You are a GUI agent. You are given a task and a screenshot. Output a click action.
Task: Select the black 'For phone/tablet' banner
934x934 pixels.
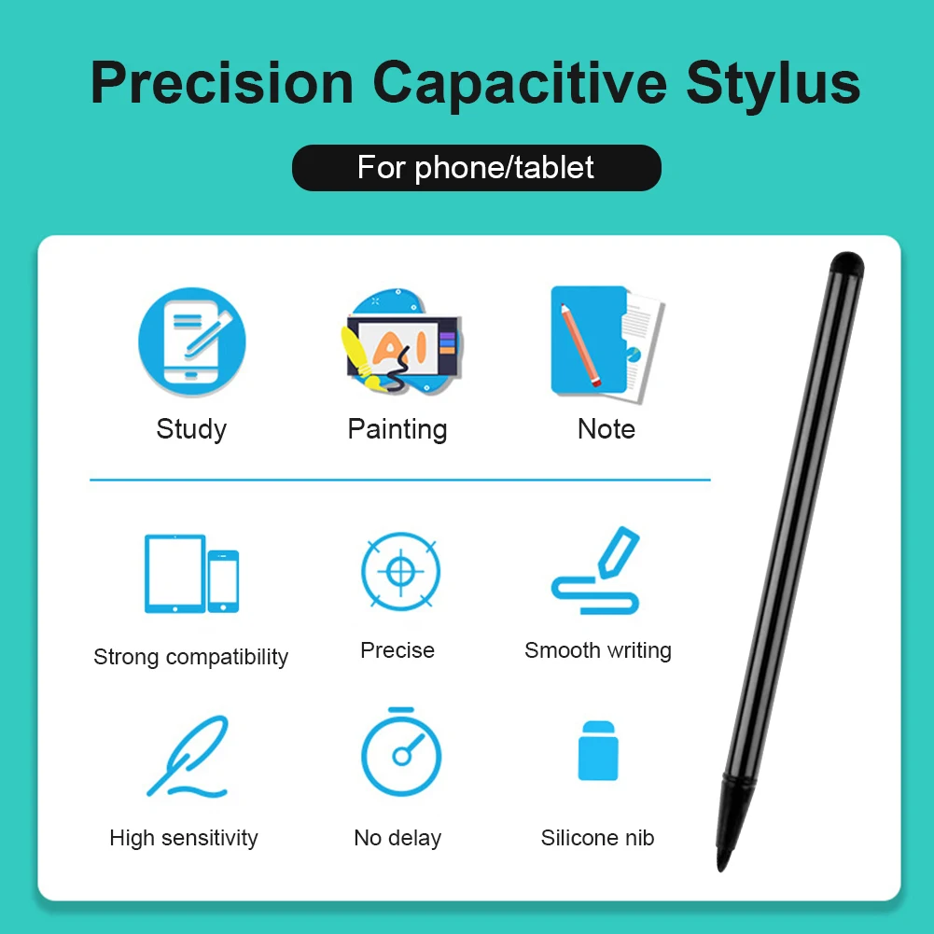pos(476,168)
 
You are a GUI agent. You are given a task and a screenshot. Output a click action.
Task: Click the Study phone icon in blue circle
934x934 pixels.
pos(192,342)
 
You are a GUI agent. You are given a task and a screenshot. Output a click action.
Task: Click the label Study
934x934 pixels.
pos(191,429)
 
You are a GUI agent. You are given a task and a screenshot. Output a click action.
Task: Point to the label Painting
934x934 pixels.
pos(397,429)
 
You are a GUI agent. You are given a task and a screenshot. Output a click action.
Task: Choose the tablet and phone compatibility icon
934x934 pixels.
pos(191,573)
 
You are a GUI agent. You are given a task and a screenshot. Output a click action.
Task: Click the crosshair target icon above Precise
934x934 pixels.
pos(400,571)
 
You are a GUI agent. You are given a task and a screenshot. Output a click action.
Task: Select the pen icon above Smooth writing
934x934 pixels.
pos(597,571)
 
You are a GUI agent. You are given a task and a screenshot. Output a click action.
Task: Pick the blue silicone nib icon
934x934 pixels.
pos(598,750)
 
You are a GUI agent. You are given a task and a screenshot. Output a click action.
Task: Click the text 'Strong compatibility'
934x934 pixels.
pos(191,657)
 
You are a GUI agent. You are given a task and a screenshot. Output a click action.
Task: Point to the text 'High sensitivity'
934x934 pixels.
pos(184,838)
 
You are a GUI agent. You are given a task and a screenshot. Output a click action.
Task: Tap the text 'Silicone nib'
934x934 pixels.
pos(598,838)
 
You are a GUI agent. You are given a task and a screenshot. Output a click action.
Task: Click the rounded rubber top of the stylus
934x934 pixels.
pos(847,262)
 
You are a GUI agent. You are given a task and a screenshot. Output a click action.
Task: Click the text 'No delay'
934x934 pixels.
pos(397,838)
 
